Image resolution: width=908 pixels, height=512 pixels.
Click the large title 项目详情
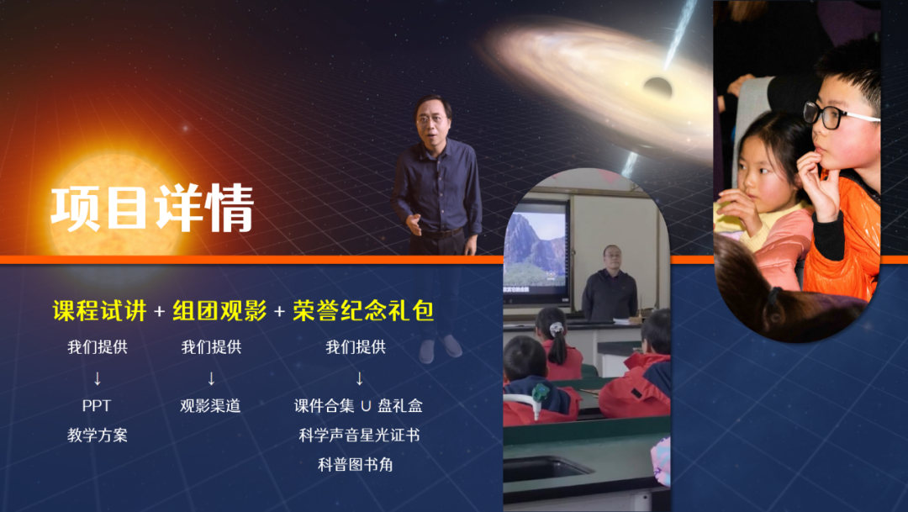click(x=152, y=208)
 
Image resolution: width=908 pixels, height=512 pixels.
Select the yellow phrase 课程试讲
click(x=99, y=311)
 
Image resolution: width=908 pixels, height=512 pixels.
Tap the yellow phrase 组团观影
click(x=219, y=311)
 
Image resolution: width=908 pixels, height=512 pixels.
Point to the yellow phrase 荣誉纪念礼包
click(x=363, y=311)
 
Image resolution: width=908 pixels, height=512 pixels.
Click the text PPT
click(x=96, y=405)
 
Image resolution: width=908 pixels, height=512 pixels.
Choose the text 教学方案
click(x=98, y=435)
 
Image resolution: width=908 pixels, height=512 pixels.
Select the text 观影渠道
click(x=210, y=405)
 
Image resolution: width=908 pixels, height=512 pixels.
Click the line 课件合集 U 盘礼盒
click(x=358, y=405)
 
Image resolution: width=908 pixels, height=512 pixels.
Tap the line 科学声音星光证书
click(x=359, y=435)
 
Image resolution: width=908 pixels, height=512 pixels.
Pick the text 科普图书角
click(x=356, y=465)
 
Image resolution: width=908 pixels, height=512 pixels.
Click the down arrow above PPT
click(x=98, y=379)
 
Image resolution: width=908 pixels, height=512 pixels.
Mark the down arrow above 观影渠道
click(x=211, y=379)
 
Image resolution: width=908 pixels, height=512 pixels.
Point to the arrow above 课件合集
click(x=359, y=379)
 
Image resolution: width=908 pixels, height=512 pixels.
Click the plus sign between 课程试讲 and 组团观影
click(x=160, y=312)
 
